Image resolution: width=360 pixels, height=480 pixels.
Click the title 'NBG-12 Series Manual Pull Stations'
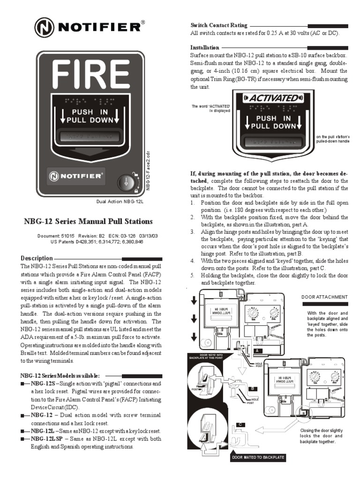(x=88, y=221)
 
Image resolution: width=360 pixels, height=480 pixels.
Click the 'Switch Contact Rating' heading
(x=218, y=25)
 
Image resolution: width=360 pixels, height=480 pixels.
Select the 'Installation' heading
(x=204, y=48)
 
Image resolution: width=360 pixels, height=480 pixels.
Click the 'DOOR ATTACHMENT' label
(x=328, y=297)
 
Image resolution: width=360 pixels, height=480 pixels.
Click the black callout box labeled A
(x=257, y=350)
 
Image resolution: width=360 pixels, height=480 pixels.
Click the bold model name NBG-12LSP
(x=45, y=439)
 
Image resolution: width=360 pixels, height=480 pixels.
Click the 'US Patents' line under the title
(x=92, y=242)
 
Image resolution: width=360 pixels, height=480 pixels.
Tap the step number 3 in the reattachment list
(x=192, y=232)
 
